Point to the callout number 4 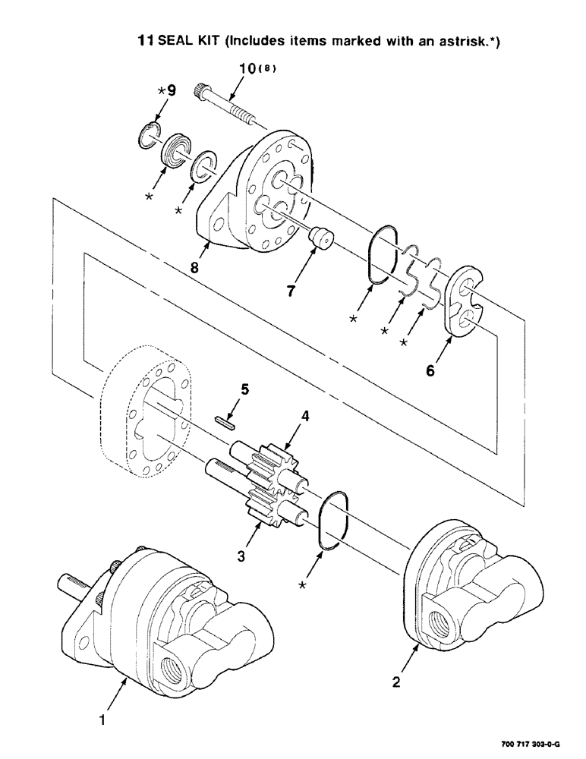(304, 417)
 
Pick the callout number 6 (430, 372)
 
